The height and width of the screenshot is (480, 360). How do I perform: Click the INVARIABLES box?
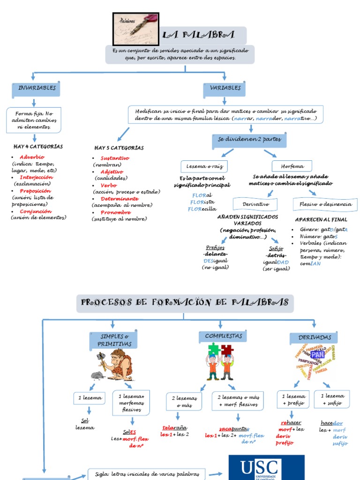(x=37, y=89)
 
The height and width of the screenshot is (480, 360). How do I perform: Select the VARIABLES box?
(x=225, y=89)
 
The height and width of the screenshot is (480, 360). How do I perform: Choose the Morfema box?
(x=292, y=166)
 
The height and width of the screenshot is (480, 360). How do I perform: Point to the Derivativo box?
(x=255, y=204)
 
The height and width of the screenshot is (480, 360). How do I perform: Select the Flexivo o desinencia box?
(x=325, y=204)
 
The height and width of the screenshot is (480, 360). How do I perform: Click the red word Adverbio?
(x=32, y=157)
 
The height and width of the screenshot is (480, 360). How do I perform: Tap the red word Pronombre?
(x=115, y=212)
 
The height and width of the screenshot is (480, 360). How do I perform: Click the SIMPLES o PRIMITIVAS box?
(x=113, y=341)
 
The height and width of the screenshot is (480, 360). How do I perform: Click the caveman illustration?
(x=113, y=365)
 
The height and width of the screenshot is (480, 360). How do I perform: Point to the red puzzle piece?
(x=227, y=349)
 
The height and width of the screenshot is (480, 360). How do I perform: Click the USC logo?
(x=266, y=468)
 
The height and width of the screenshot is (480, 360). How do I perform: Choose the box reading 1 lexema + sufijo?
(x=332, y=399)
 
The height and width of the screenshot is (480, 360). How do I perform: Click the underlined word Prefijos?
(x=215, y=247)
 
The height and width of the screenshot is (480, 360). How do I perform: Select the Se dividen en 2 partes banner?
(x=249, y=140)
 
